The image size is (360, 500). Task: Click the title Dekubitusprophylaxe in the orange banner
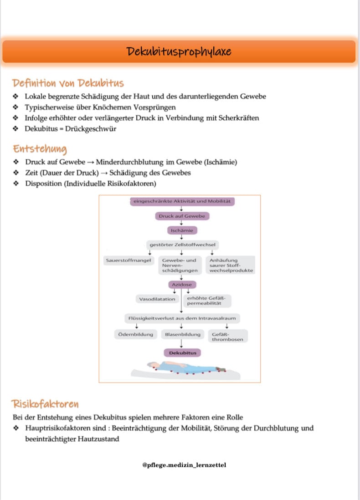pos(180,51)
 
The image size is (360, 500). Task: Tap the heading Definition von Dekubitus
pos(68,83)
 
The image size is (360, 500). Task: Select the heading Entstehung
pos(40,149)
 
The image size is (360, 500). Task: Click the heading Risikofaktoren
pos(46,404)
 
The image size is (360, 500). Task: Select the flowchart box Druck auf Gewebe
pos(182,216)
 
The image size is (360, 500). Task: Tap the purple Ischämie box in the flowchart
pos(181,230)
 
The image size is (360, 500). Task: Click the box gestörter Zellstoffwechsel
pos(182,245)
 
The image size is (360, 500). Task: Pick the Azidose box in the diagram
pos(181,285)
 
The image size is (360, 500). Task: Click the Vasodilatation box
pos(157,299)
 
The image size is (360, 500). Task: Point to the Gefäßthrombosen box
pos(227,337)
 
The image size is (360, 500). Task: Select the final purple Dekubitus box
pos(182,353)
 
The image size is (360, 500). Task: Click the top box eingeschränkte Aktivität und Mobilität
pos(182,201)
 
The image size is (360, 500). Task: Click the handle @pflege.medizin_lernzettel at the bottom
pos(184,465)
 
